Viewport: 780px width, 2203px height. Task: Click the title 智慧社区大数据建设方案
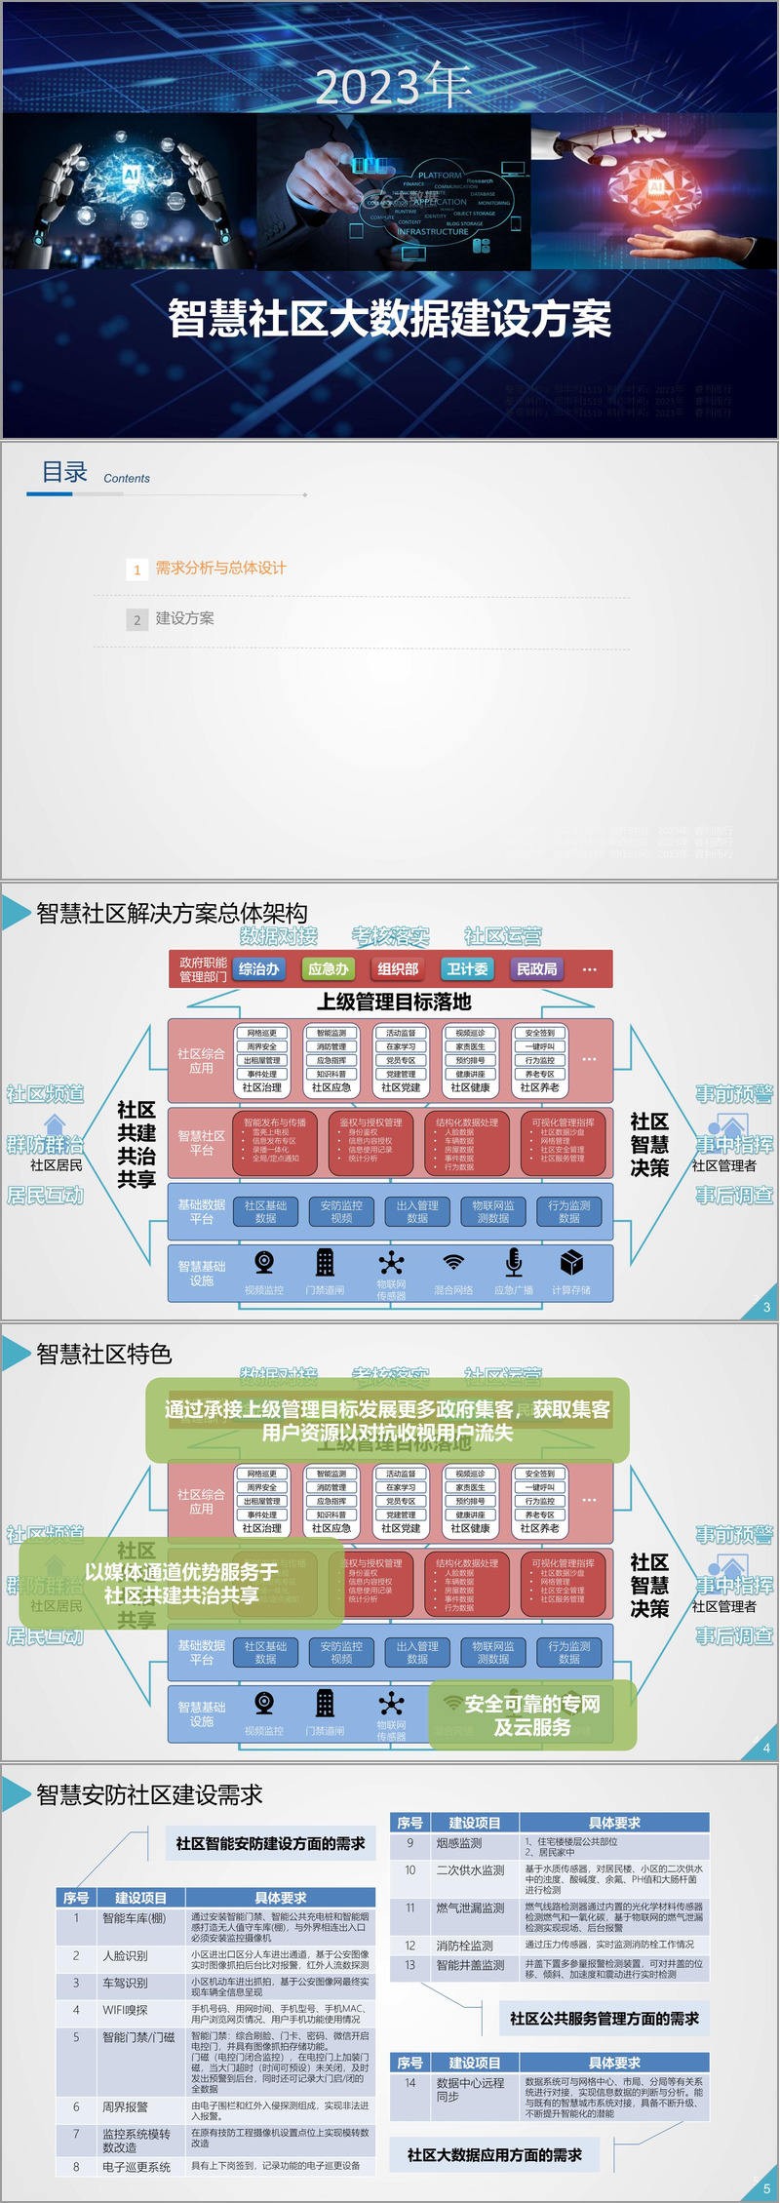(x=390, y=319)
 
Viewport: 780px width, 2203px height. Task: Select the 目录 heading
(x=64, y=472)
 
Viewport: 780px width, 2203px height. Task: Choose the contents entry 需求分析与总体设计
(x=220, y=568)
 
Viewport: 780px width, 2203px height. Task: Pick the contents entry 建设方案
(x=185, y=618)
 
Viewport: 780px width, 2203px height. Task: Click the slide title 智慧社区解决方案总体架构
(x=172, y=913)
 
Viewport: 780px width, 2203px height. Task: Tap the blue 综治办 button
(x=259, y=969)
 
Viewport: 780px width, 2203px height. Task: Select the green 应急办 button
(x=329, y=969)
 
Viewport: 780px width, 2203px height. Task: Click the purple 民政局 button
(x=537, y=969)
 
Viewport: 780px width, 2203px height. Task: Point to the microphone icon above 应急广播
(x=514, y=1262)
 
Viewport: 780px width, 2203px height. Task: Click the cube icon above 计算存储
(x=571, y=1262)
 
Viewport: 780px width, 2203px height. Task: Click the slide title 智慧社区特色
(x=104, y=1354)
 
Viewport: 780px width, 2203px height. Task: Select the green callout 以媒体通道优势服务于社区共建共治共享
(x=181, y=1583)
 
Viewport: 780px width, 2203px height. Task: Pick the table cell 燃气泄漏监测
(x=470, y=1908)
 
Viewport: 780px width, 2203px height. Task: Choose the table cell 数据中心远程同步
(x=470, y=2089)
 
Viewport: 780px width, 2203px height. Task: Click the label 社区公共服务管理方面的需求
(x=604, y=2018)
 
